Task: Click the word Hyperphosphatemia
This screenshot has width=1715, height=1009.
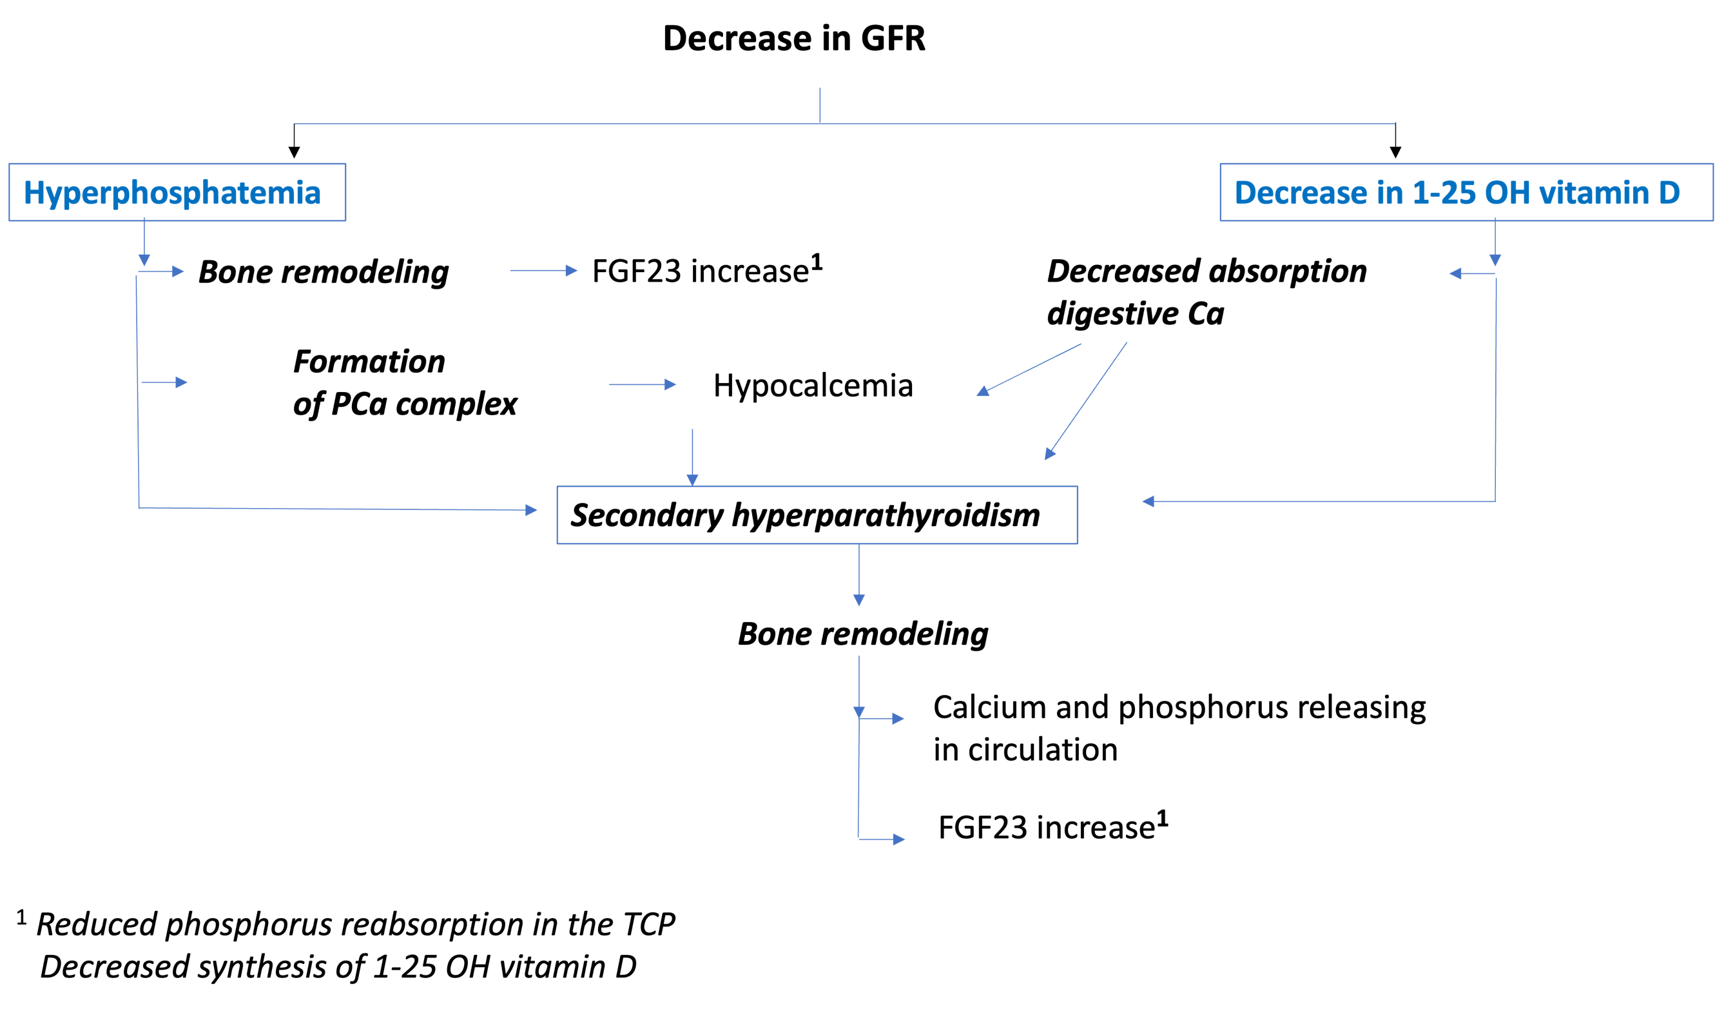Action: tap(172, 193)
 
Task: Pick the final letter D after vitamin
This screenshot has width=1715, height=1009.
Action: tap(1669, 193)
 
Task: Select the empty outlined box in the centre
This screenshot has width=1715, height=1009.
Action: tap(817, 514)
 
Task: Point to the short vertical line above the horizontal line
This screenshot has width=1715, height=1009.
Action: tap(820, 105)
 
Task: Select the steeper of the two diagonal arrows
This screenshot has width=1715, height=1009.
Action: tap(1086, 401)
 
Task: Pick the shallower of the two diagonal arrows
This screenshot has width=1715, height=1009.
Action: tap(1029, 369)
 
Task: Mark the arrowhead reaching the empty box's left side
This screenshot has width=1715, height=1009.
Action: tap(531, 510)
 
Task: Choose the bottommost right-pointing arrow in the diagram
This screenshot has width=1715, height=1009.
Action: tap(883, 839)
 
